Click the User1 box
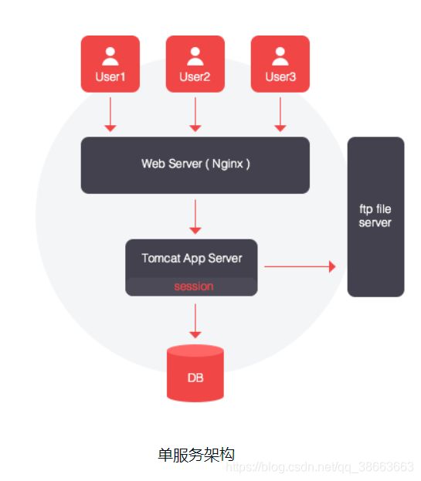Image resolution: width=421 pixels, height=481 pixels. coord(110,64)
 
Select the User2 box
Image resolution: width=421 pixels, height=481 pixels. coord(195,64)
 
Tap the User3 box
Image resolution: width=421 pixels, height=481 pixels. coord(280,64)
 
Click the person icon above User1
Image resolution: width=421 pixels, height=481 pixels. coord(110,56)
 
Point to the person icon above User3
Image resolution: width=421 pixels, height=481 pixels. coord(280,56)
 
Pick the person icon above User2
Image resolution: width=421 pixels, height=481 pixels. coord(195,56)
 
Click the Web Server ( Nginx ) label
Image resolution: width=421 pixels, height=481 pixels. coord(195,164)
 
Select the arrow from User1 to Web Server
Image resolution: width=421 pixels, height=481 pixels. coord(110,115)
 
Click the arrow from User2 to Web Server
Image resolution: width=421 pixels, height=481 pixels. coord(195,115)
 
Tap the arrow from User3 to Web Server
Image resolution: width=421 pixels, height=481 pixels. coord(280,115)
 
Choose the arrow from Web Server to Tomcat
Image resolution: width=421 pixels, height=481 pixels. coord(195,217)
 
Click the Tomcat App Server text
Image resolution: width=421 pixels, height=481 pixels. coord(192,259)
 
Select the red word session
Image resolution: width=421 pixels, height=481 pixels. coord(194,286)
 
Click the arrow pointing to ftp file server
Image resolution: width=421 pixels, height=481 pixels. coord(300,266)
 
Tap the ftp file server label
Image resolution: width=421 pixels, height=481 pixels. coord(375,215)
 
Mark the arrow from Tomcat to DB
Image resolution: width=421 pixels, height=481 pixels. coord(195,321)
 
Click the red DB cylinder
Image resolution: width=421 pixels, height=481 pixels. coord(195,373)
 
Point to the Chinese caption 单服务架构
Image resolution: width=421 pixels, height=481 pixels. coord(196,454)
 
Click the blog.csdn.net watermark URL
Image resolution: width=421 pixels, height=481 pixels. coord(320,467)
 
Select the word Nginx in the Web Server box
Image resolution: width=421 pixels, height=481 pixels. coord(228,164)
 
